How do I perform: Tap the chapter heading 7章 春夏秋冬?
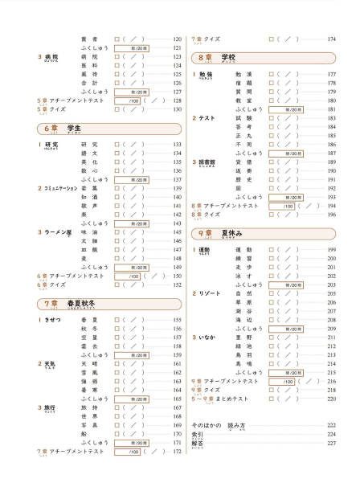[x=69, y=303]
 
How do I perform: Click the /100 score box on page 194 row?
[x=285, y=206]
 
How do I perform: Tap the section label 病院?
[x=51, y=57]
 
